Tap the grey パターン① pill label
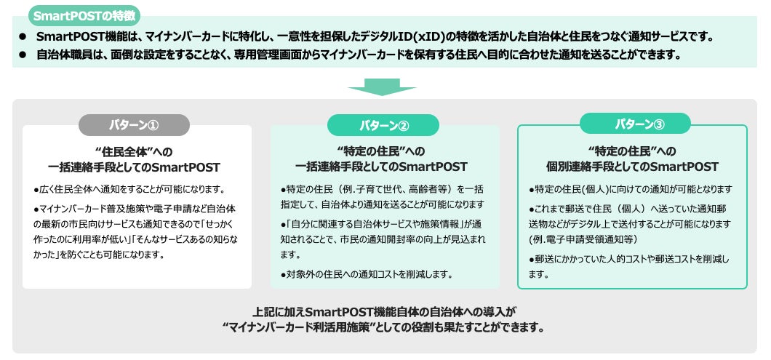pos(134,125)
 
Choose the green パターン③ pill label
pos(631,124)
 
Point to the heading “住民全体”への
pos(134,151)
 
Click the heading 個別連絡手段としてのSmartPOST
pos(631,167)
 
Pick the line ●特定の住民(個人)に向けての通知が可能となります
pos(630,189)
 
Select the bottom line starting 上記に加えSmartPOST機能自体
pos(385,311)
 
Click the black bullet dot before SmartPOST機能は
pos(23,36)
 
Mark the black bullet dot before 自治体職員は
pos(23,55)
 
